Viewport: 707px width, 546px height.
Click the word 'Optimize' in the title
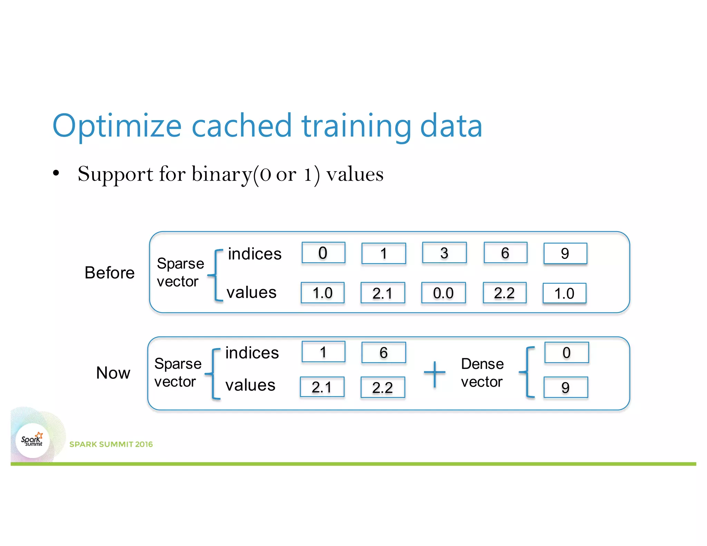117,126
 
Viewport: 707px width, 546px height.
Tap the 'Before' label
109,273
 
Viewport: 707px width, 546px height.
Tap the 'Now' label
113,373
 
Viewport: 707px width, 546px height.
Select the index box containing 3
444,253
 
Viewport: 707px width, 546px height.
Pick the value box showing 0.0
443,293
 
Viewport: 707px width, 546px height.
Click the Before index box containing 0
323,253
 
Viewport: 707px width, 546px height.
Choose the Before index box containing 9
565,253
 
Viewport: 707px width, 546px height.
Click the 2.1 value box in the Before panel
382,293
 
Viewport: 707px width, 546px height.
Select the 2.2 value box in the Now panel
382,387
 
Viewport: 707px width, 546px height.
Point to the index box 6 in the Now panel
384,352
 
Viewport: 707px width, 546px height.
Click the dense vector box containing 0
566,352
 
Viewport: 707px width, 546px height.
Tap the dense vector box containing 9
565,387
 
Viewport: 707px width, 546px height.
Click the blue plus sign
435,373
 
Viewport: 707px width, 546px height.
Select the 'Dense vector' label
482,373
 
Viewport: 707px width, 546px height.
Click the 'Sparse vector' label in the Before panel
180,272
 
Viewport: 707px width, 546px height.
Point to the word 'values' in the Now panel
250,385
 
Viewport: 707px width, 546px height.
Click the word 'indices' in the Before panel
255,254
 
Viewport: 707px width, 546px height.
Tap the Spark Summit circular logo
32,440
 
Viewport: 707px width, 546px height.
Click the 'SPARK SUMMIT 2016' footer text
111,444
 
